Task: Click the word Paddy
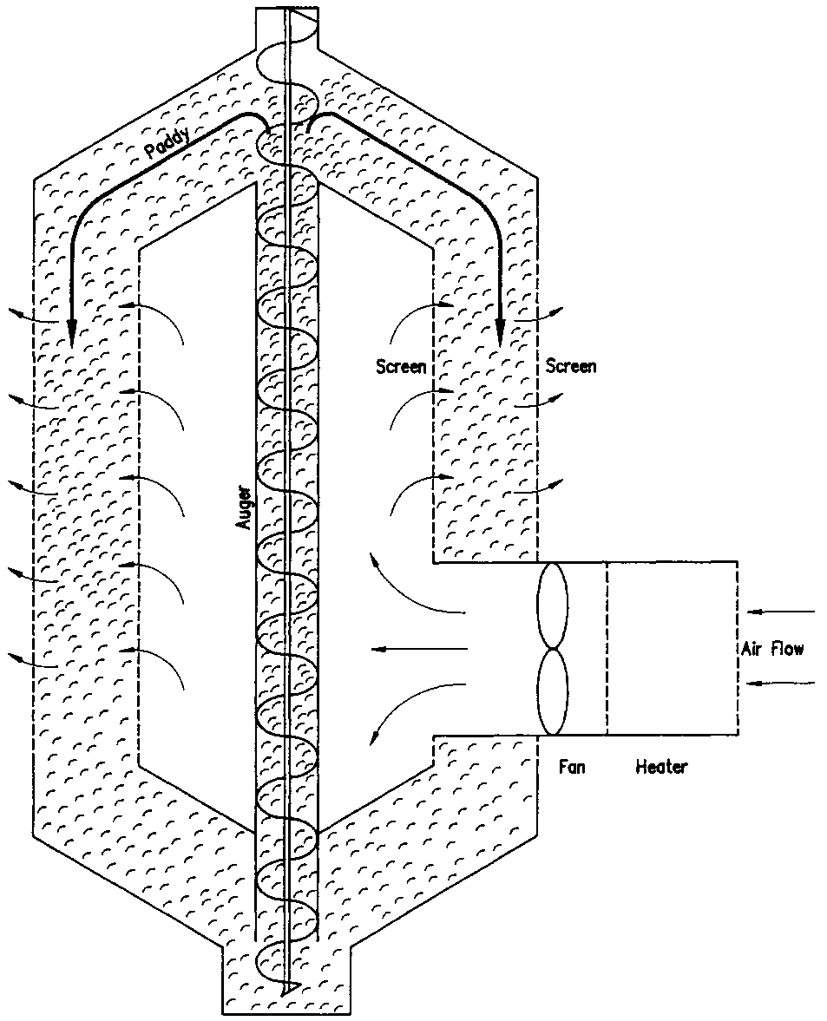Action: pyautogui.click(x=167, y=142)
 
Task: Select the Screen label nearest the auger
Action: pyautogui.click(x=400, y=366)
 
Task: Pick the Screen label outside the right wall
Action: pyautogui.click(x=571, y=366)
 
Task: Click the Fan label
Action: pyautogui.click(x=573, y=767)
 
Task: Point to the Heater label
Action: pyautogui.click(x=661, y=767)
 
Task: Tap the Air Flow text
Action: pyautogui.click(x=772, y=649)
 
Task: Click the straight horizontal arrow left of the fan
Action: pyautogui.click(x=417, y=649)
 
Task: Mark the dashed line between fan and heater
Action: pyautogui.click(x=606, y=648)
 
